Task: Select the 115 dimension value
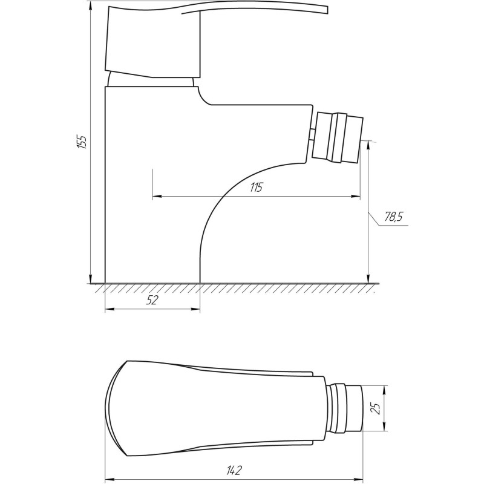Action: click(255, 188)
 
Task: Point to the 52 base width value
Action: click(152, 301)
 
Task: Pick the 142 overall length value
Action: click(236, 469)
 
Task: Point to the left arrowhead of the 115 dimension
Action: click(156, 196)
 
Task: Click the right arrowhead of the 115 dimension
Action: click(356, 196)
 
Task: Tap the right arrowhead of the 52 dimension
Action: click(196, 309)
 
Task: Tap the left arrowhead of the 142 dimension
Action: click(110, 477)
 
